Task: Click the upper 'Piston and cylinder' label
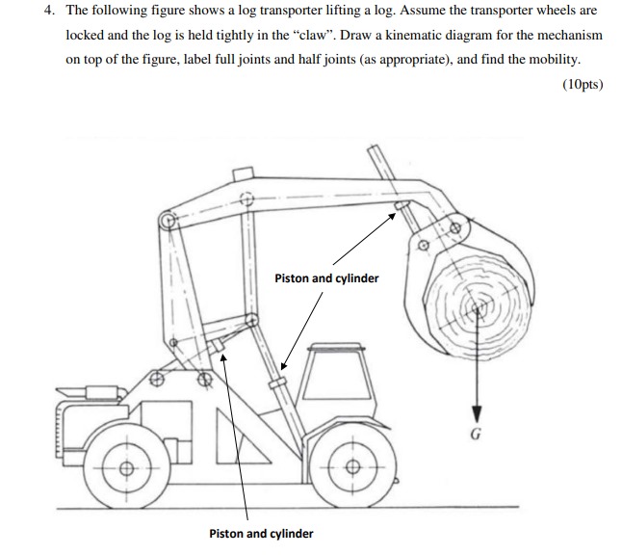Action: [x=326, y=278]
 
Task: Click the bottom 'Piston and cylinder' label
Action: [x=261, y=533]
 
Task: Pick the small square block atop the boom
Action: [x=244, y=173]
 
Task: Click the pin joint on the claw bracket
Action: [x=453, y=229]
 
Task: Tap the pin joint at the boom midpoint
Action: [x=246, y=201]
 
